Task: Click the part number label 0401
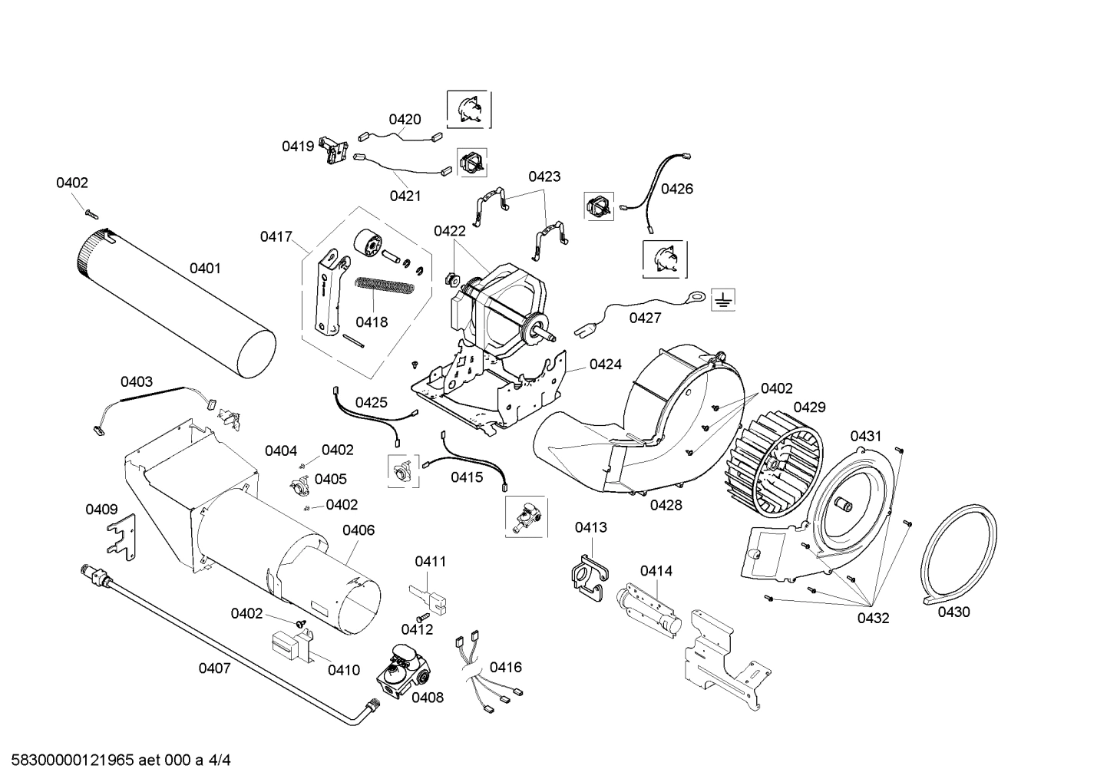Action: pos(205,268)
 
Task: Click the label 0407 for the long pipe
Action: pos(214,668)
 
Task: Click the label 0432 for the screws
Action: pos(873,618)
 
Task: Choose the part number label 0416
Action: pos(505,667)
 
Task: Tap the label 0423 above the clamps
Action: pos(544,177)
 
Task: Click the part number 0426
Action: pos(676,189)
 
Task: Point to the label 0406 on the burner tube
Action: pos(358,530)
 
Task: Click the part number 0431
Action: pos(865,436)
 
